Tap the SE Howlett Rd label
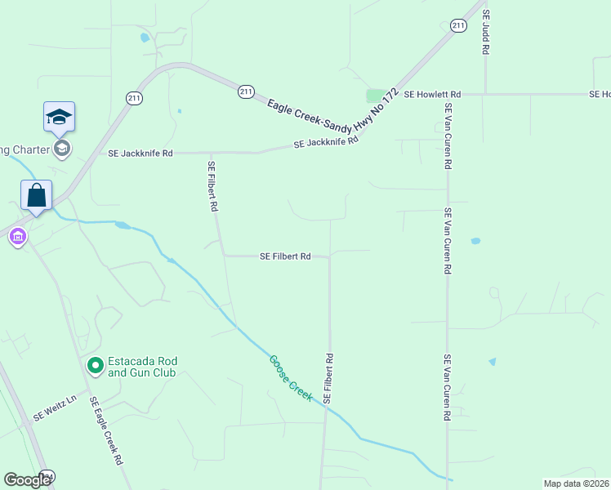click(433, 95)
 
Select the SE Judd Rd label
click(485, 33)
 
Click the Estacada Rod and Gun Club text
click(143, 367)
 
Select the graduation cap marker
click(60, 117)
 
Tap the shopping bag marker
click(36, 195)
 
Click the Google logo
click(27, 480)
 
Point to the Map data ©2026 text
click(576, 483)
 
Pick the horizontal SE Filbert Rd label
click(285, 256)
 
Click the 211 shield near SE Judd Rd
click(458, 26)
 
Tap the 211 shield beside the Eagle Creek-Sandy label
click(246, 92)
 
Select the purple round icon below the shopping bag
click(17, 238)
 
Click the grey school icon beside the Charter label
click(61, 148)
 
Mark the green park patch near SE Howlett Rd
click(377, 96)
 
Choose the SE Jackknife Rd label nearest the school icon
click(140, 153)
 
